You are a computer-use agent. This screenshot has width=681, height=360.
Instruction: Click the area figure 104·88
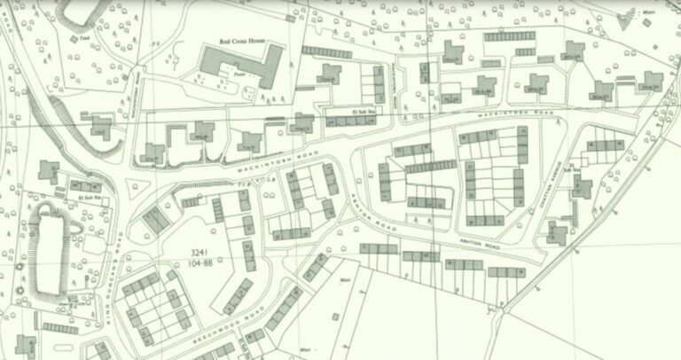tap(200, 262)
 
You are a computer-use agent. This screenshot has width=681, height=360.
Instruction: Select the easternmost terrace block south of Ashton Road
tap(505, 271)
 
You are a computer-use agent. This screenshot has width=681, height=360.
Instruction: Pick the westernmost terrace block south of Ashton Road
tap(379, 249)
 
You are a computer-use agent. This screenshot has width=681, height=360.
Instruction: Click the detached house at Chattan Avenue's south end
tap(557, 234)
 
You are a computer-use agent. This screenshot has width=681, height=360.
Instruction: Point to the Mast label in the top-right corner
tap(648, 13)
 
